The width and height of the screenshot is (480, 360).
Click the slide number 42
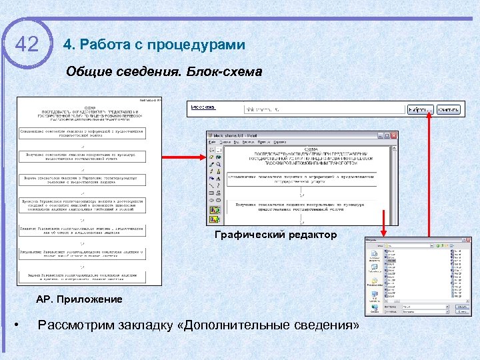27,45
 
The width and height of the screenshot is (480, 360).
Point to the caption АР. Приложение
79,299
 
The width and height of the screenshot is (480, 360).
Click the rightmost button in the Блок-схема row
449,109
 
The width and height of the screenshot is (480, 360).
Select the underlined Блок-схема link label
203,107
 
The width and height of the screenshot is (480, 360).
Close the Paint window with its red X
394,135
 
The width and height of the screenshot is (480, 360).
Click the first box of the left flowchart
81,133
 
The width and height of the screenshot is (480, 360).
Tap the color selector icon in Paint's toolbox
215,218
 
